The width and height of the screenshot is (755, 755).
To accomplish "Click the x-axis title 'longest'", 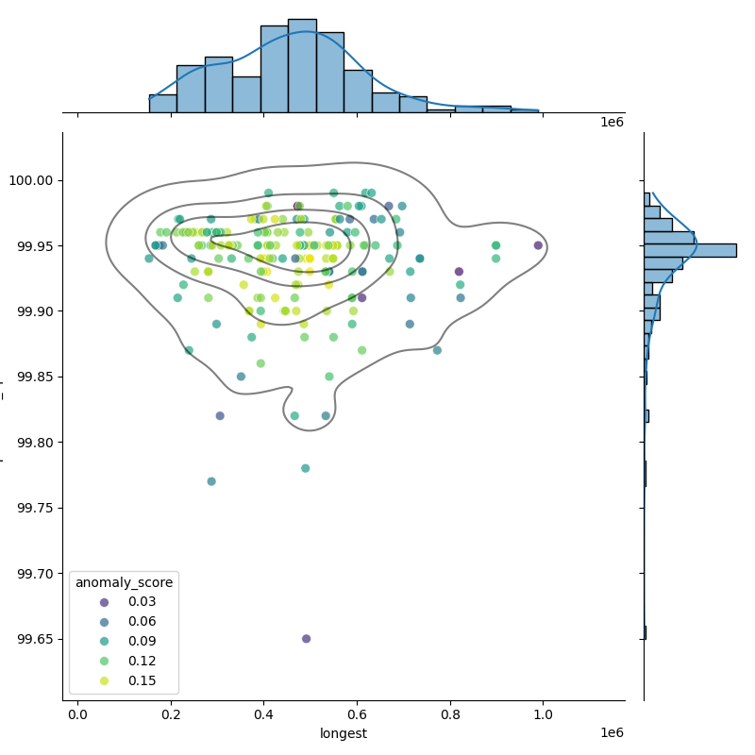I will click(344, 733).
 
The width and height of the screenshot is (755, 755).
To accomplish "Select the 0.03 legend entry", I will click(122, 602).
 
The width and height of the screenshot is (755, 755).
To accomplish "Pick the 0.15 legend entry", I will click(122, 681).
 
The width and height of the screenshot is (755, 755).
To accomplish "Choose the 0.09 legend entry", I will click(122, 642).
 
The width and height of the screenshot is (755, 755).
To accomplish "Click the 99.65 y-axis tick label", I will click(36, 639).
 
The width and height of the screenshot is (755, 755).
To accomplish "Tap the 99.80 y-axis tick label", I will click(36, 443).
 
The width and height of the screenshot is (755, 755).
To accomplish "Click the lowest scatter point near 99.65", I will click(306, 639).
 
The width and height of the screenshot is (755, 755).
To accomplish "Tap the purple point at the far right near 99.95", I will click(538, 245).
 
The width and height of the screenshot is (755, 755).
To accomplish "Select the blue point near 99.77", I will click(211, 481).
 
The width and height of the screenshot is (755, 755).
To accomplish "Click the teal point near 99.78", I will click(305, 468).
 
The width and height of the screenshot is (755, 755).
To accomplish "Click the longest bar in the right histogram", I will click(690, 250).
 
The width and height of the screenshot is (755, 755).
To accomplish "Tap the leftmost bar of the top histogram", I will click(162, 103).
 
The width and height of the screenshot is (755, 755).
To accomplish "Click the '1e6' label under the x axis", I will click(612, 733).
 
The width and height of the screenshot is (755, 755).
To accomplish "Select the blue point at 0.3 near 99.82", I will click(220, 415).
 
